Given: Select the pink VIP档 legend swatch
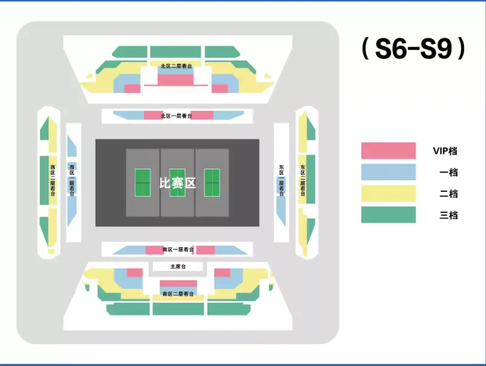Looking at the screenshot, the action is point(388,150).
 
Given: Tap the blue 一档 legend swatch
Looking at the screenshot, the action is point(388,172).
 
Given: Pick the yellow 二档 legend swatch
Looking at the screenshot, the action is point(388,194).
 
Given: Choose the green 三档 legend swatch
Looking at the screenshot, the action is point(388,215).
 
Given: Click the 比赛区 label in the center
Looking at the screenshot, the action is point(177,183).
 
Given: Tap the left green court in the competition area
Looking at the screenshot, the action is point(142,182).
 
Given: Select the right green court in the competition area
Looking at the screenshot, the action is point(212,182).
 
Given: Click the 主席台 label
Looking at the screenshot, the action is point(177,267).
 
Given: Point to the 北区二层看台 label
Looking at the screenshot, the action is point(176,66).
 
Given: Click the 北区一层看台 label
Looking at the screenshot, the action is point(176,116).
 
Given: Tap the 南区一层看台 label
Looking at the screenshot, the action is point(178,250).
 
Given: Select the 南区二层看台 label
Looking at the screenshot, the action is point(178,294).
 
